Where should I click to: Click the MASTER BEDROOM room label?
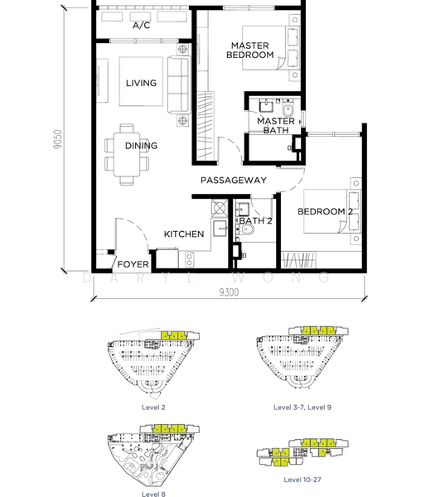coord(249,51)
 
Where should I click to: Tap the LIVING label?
coord(141,83)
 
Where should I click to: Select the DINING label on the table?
coord(141,146)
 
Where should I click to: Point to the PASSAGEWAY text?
coord(234,181)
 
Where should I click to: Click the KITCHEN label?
coord(184,234)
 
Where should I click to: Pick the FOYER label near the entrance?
coord(133,264)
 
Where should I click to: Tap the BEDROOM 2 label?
coord(325,211)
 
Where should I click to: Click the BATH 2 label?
coord(255,220)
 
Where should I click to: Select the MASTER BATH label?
coord(276,126)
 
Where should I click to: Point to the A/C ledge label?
coord(142,26)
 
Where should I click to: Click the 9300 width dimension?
coord(229,292)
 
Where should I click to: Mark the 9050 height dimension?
coord(58,139)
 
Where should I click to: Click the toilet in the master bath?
coord(288,109)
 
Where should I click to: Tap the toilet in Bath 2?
coord(248,229)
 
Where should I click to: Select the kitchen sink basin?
coord(220,229)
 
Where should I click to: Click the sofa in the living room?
coord(179,84)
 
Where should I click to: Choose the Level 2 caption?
coord(153,408)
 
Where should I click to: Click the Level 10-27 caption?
coord(302,480)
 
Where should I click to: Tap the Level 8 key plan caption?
coord(153,494)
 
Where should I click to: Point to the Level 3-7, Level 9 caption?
coord(302,408)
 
